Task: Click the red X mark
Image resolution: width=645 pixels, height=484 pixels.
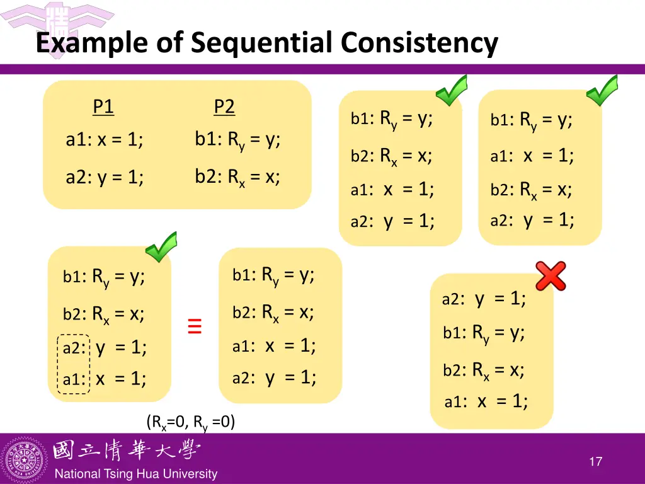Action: pos(551,276)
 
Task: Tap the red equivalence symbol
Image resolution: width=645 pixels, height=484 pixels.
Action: pos(195,326)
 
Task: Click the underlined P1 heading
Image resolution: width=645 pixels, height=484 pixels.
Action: pos(103,107)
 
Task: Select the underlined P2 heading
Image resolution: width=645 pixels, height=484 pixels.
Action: pos(224,107)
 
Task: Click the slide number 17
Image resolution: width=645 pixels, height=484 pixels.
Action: pos(595,462)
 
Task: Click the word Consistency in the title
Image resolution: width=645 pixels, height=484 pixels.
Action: pos(420,43)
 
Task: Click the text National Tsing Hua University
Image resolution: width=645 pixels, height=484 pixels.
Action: pos(135,474)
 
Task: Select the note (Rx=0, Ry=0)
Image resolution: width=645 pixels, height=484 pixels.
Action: pos(191,422)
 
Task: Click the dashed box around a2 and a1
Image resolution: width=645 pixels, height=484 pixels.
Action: pos(74,364)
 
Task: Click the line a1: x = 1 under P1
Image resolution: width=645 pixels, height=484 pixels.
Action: pos(105,140)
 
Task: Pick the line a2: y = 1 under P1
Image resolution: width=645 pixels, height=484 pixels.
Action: pos(105,178)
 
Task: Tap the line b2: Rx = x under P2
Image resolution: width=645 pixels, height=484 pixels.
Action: pos(237,177)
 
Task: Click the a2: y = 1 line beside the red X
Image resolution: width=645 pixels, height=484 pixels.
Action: pos(484,299)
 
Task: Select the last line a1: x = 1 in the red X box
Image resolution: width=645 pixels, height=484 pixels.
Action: pos(486,401)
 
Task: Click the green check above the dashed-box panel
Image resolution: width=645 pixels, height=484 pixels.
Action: pos(161,246)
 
